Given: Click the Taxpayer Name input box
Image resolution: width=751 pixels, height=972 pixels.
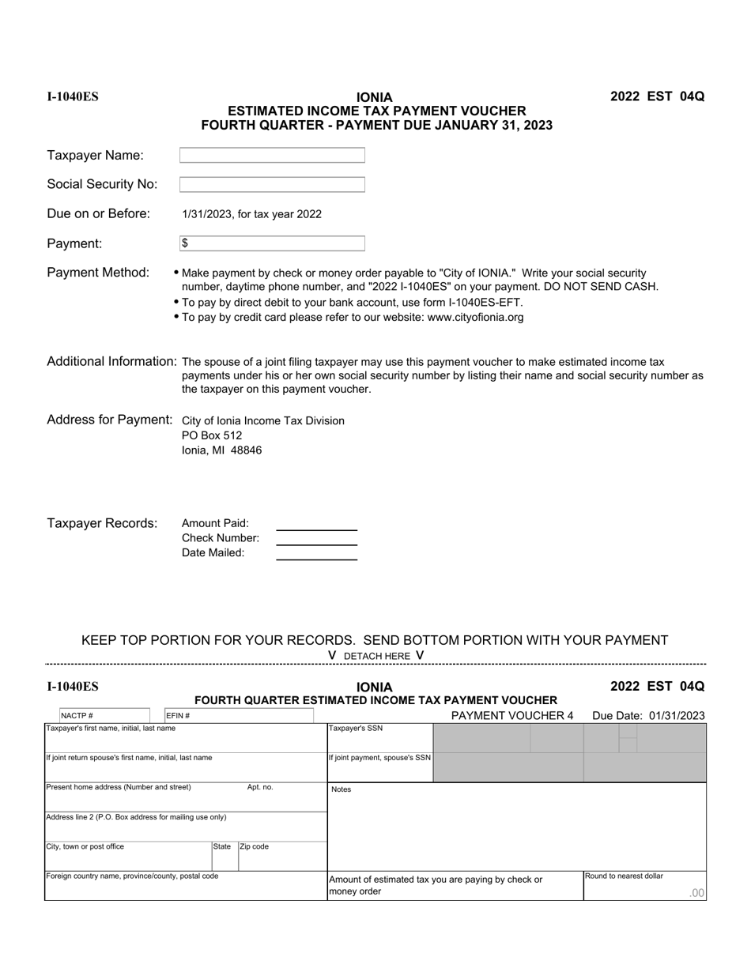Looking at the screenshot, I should pos(272,156).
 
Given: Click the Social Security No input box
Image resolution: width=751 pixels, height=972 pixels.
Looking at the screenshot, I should pos(272,185).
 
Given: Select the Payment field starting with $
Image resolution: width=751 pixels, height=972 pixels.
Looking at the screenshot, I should pos(272,243).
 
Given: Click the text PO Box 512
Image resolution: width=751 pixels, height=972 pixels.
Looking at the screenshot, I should pos(212,435).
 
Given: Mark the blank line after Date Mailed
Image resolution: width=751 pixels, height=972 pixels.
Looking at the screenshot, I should pos(316,558).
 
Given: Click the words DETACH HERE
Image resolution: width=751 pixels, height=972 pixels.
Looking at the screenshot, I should pos(377,656).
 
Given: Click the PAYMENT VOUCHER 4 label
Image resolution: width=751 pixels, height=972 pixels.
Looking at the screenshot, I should pos(511,716).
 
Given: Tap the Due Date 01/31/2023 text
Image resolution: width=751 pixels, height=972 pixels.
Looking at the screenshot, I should pos(648,716).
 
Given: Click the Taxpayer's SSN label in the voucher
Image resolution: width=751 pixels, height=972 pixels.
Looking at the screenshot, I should pos(356,729).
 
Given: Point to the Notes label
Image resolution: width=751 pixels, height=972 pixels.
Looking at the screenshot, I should pos(342,789).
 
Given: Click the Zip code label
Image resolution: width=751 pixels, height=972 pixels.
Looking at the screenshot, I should pos(255,846).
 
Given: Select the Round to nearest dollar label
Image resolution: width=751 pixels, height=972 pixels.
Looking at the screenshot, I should pos(624,876).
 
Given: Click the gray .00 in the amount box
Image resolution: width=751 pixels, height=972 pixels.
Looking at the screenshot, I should pos(696,893).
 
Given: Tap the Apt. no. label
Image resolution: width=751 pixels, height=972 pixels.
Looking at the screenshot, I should pos(260,787).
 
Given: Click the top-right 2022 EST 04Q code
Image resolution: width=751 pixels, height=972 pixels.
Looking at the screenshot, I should pos(657,96).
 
